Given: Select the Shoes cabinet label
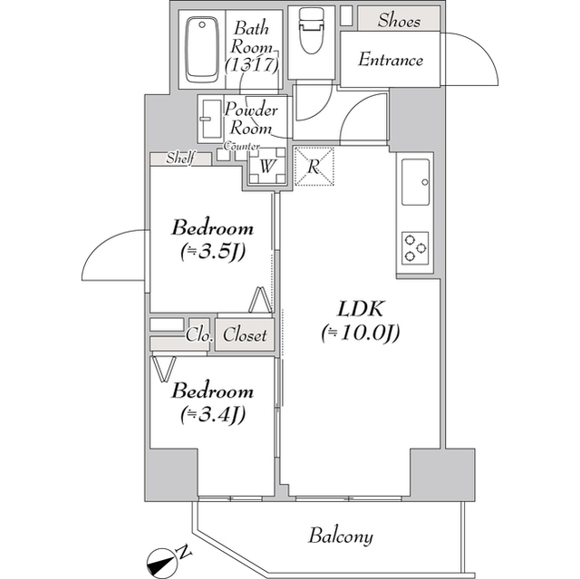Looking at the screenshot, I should [399, 20].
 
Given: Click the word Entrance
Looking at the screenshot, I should [391, 61].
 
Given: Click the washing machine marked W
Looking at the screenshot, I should [267, 167].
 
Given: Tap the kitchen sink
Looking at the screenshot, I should [416, 180].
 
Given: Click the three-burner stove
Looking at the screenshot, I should [416, 246].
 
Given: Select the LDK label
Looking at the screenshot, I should [360, 308].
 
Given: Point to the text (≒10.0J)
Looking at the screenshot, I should [360, 333].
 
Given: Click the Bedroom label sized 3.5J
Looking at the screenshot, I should [213, 227].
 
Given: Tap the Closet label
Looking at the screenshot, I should [245, 335].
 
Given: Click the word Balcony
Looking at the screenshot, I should [340, 536].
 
